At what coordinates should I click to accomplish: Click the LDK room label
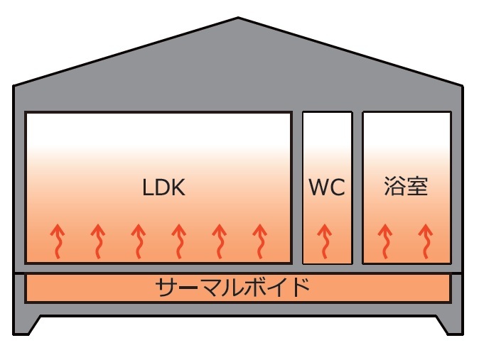pos(163,188)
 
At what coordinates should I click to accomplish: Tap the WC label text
pos(327,188)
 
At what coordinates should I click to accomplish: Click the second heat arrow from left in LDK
pos(98,241)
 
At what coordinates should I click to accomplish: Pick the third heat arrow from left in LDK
pos(139,241)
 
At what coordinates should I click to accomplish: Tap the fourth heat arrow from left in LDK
pos(179,241)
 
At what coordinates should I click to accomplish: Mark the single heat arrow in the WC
pos(325,241)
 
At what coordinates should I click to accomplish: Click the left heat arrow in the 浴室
pos(385,241)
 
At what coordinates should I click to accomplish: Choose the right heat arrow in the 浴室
pos(426,241)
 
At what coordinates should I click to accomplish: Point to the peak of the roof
pos(239,19)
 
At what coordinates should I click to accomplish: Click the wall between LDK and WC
pos(298,187)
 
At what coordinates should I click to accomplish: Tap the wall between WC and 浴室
pos(357,187)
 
